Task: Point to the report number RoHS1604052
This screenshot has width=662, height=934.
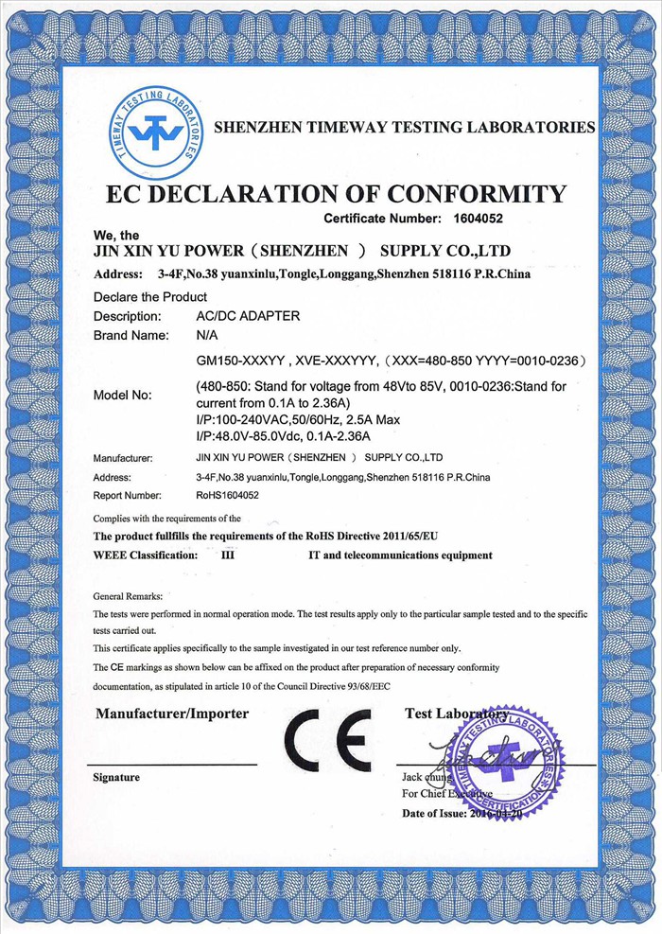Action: pyautogui.click(x=227, y=495)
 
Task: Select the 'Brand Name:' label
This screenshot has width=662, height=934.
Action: pyautogui.click(x=131, y=335)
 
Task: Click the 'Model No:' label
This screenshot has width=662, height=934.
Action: pyautogui.click(x=129, y=395)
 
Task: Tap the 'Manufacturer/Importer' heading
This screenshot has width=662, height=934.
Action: pyautogui.click(x=172, y=713)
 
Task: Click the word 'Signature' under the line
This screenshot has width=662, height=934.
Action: pyautogui.click(x=116, y=777)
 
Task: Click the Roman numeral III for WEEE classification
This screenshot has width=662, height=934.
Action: pyautogui.click(x=227, y=555)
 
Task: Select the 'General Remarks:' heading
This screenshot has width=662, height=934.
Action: pyautogui.click(x=128, y=596)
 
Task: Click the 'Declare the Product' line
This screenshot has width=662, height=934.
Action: pyautogui.click(x=150, y=296)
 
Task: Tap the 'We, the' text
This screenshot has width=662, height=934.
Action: pyautogui.click(x=116, y=235)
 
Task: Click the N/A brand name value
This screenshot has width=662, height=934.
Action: pyautogui.click(x=207, y=335)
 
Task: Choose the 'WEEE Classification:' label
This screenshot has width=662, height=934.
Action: pyautogui.click(x=146, y=555)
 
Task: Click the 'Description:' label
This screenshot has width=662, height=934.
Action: pyautogui.click(x=128, y=316)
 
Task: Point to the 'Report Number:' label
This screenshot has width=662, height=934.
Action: pyautogui.click(x=128, y=495)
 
